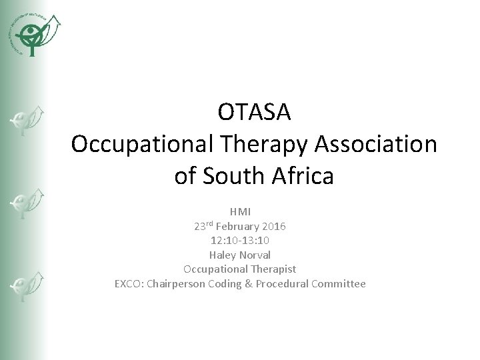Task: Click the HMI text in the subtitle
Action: [x=240, y=212]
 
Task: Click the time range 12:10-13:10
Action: [x=240, y=241]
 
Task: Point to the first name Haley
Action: [x=223, y=255]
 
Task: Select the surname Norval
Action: [x=257, y=255]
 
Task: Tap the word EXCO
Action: [x=128, y=284]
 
